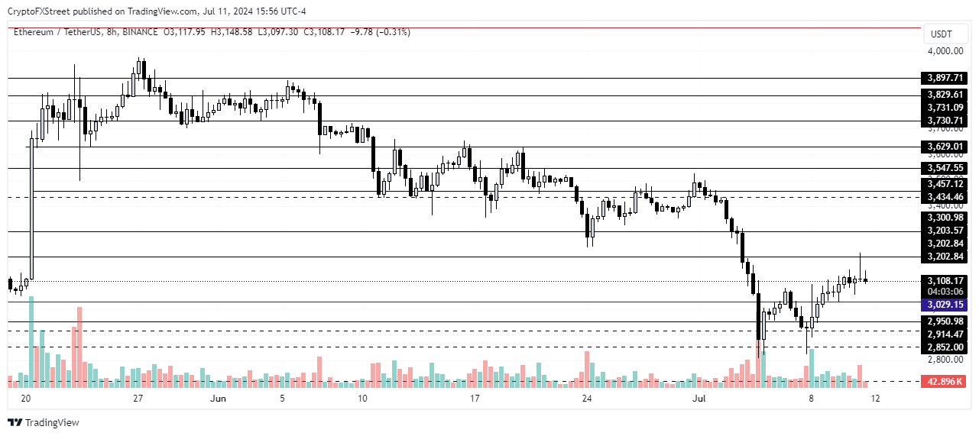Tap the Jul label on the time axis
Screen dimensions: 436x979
click(699, 399)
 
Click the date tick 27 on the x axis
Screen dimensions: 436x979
click(138, 399)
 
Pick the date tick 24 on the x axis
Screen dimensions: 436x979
click(586, 399)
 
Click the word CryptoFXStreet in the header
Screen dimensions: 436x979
click(38, 10)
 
